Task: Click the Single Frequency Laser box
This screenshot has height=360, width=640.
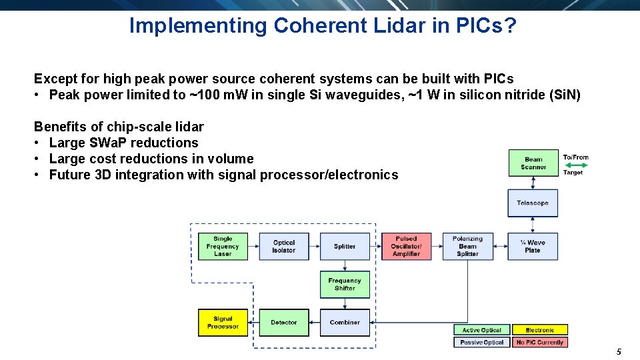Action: click(223, 246)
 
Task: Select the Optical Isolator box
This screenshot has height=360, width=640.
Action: click(283, 246)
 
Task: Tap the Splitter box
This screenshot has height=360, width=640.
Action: click(345, 246)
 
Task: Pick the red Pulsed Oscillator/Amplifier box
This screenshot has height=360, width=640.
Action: click(406, 246)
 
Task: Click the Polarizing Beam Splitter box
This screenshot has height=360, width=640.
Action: click(467, 246)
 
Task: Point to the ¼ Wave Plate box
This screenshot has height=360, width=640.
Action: click(532, 246)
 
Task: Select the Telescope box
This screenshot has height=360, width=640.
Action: click(532, 203)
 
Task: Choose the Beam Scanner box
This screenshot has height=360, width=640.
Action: click(533, 163)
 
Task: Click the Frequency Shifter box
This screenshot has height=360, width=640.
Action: click(345, 284)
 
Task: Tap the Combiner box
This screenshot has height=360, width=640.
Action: click(345, 323)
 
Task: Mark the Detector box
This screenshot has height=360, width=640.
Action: click(283, 323)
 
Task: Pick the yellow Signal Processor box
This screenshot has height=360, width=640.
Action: click(223, 323)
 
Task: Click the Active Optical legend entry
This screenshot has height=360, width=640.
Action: click(482, 330)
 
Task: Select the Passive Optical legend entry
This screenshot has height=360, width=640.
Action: click(482, 342)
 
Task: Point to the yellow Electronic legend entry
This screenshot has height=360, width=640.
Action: click(540, 330)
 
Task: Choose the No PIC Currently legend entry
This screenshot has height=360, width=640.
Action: click(540, 342)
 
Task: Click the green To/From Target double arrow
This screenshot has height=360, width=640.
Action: click(575, 165)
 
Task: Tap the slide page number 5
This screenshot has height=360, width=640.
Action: click(619, 351)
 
